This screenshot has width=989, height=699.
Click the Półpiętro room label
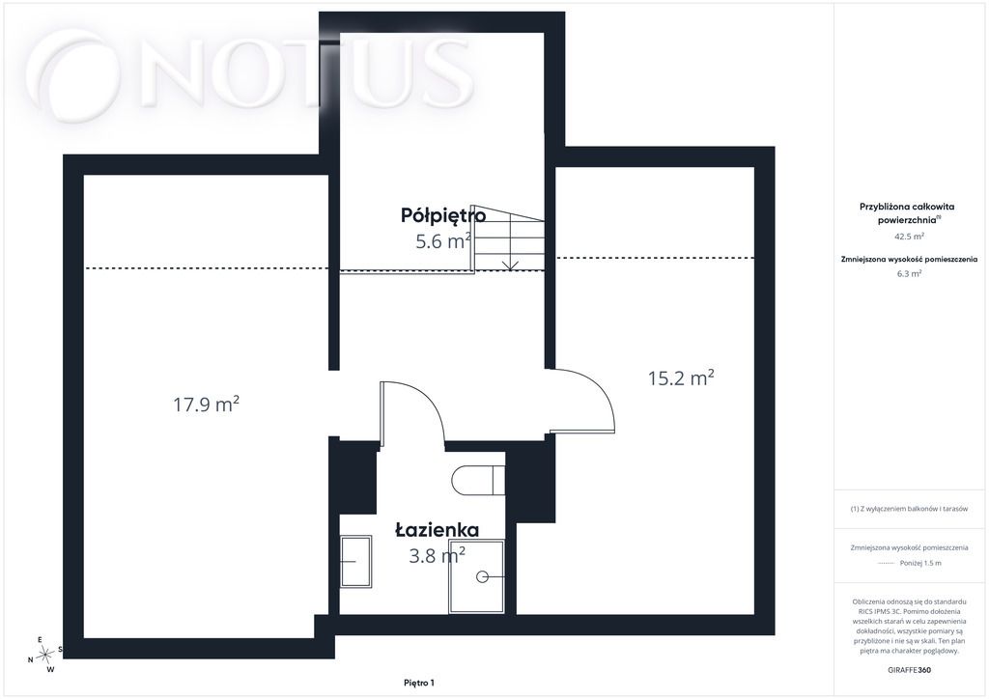point(443,215)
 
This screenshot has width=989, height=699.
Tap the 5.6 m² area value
point(442,240)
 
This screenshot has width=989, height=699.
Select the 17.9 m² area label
point(207,404)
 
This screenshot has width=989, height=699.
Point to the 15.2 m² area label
point(681,377)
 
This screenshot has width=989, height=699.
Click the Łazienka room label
point(438,529)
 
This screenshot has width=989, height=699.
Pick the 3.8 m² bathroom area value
point(438,555)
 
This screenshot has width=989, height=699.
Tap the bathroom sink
point(355,561)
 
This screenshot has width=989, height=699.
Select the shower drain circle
point(483,576)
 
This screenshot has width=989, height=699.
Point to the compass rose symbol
point(44,655)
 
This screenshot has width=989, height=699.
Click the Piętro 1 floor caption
point(419,683)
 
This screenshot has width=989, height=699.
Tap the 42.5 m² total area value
point(909,237)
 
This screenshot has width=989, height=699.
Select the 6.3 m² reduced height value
point(909,273)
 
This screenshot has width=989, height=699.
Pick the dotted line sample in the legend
point(887,563)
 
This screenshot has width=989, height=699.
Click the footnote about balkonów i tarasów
point(909,509)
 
